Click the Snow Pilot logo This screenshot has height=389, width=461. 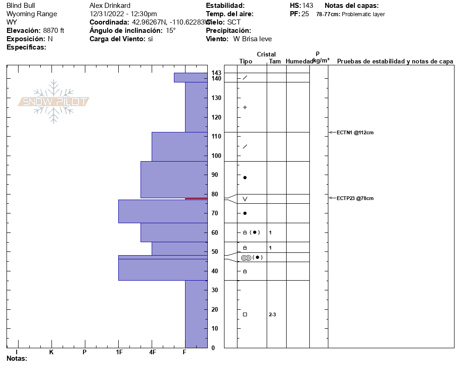tap(54, 101)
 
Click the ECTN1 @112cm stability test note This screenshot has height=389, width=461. tap(355, 132)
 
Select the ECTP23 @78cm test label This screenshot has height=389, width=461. tap(355, 198)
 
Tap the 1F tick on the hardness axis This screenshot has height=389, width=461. tap(119, 352)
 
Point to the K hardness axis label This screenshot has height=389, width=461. tap(51, 352)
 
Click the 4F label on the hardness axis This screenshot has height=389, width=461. tap(152, 352)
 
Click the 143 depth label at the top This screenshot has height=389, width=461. tap(217, 73)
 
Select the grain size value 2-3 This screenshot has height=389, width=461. tap(272, 314)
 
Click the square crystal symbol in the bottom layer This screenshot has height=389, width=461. tap(245, 314)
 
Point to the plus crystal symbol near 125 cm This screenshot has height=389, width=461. tap(245, 107)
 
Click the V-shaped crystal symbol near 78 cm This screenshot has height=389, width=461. tap(245, 199)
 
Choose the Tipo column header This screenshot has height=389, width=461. tap(246, 61)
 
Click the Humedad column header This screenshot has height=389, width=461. tap(299, 61)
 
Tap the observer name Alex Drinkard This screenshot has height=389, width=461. tap(111, 6)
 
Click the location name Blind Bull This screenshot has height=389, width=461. tap(21, 6)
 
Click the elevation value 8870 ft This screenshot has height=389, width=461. tap(54, 31)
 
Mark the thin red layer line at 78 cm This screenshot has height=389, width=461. tap(196, 198)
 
